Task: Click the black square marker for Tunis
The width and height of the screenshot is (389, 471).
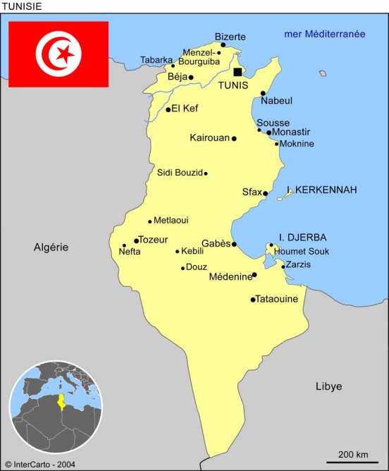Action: [237, 72]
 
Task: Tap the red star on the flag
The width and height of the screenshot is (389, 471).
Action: [65, 54]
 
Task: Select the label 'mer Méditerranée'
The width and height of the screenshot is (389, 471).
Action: [324, 34]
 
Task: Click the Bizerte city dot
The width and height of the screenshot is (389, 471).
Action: [223, 44]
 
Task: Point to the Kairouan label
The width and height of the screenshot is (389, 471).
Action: [209, 137]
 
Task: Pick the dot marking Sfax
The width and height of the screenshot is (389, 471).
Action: [266, 193]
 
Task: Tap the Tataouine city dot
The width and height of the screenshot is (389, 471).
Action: [253, 300]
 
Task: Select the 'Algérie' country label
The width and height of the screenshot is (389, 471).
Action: [51, 247]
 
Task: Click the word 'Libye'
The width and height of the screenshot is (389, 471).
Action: [328, 386]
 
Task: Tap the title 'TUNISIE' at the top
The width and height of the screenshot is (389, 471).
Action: [21, 6]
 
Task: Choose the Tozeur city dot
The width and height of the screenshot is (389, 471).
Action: [136, 240]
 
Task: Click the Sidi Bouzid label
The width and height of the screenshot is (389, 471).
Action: [179, 172]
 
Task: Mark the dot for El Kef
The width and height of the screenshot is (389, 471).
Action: [168, 109]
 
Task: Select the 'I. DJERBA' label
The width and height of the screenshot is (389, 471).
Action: [303, 238]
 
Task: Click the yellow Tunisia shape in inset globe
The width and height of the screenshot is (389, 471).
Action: [61, 402]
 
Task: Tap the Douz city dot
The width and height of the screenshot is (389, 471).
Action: [183, 268]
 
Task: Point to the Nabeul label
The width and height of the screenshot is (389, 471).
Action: [276, 101]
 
